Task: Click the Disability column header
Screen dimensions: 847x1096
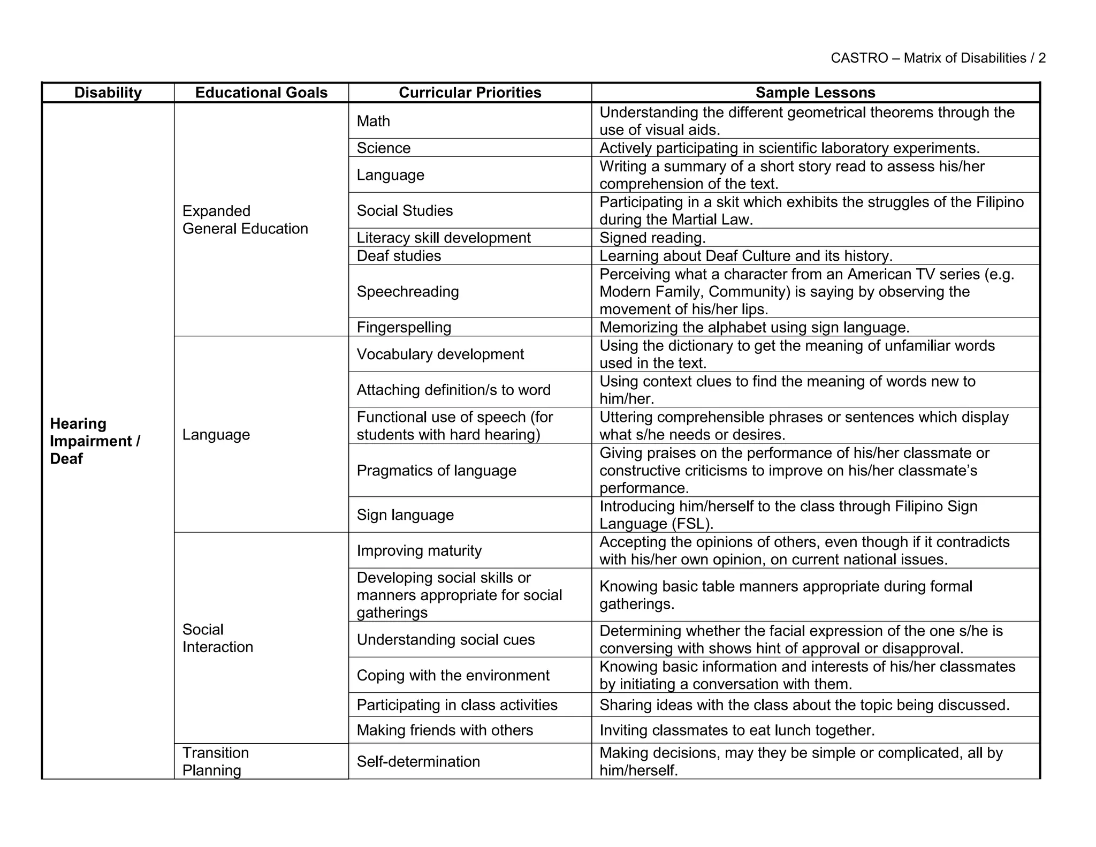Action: [x=108, y=93]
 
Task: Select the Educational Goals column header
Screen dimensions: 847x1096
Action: [x=261, y=93]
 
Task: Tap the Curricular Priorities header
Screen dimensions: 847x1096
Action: [x=470, y=93]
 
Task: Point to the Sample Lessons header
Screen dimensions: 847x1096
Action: [x=815, y=93]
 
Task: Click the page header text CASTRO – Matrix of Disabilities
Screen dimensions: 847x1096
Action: [x=938, y=58]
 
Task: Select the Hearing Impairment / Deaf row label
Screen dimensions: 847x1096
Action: [x=95, y=441]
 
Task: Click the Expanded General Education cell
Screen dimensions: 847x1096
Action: [x=245, y=220]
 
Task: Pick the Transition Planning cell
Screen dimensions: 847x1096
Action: [x=216, y=761]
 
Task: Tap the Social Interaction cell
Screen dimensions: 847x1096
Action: [x=217, y=638]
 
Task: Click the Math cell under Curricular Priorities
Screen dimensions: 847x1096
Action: [x=374, y=121]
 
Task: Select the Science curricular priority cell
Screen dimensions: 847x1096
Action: [x=384, y=148]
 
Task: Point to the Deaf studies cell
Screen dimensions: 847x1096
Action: [x=399, y=256]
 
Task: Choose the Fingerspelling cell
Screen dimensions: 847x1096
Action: [x=404, y=327]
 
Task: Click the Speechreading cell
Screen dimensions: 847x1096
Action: [x=408, y=292]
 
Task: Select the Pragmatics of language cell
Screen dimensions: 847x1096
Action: [x=436, y=471]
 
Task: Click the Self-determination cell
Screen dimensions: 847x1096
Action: [x=418, y=761]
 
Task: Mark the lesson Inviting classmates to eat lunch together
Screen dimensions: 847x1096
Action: [x=737, y=730]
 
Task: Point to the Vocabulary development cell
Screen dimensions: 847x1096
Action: [x=440, y=354]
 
